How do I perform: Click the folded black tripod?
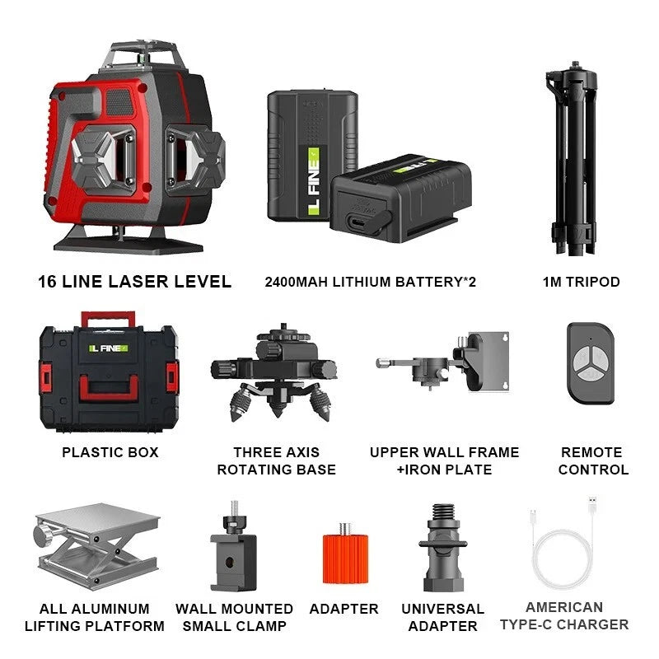click(581, 157)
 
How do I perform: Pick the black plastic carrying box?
click(109, 379)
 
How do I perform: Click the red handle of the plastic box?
click(108, 317)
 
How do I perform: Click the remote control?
click(590, 362)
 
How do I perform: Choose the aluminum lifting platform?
click(96, 548)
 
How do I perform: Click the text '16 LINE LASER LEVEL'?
click(134, 282)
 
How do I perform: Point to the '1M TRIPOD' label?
click(581, 282)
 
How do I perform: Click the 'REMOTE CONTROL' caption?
click(593, 460)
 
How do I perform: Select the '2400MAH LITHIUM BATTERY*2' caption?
click(370, 283)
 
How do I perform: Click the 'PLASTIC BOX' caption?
click(110, 452)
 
